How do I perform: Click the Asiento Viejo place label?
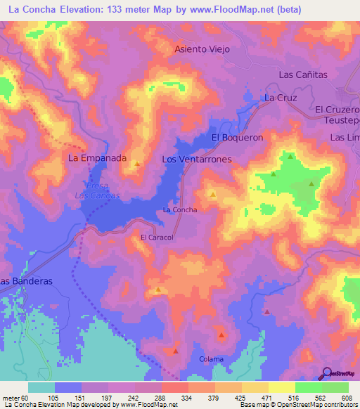pyautogui.click(x=202, y=50)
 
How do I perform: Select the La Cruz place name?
pyautogui.click(x=279, y=98)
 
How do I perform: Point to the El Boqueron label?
pyautogui.click(x=237, y=138)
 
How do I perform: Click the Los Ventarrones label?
pyautogui.click(x=196, y=160)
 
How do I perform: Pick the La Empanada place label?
pyautogui.click(x=97, y=158)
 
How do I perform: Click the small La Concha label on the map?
pyautogui.click(x=180, y=209)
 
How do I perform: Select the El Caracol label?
pyautogui.click(x=157, y=238)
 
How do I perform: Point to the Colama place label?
pyautogui.click(x=211, y=359)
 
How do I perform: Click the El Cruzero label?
pyautogui.click(x=337, y=110)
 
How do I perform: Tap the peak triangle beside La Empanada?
pyautogui.click(x=137, y=164)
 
